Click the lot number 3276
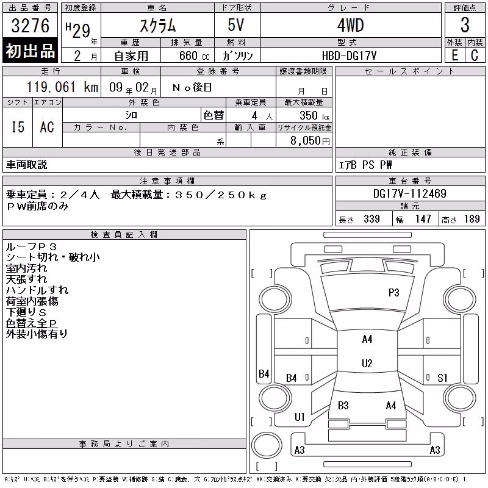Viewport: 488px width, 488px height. (x=30, y=26)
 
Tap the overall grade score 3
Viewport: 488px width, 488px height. (x=465, y=25)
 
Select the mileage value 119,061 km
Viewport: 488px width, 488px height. (x=62, y=87)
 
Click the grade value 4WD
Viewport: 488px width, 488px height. (x=350, y=25)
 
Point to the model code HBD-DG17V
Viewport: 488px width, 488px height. (x=349, y=56)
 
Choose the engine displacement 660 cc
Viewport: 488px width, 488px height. (x=194, y=56)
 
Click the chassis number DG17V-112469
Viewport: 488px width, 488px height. (x=410, y=193)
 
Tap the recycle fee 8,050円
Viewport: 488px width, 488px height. (x=310, y=141)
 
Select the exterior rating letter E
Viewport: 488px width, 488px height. (x=454, y=56)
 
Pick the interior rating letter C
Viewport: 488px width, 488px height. (x=475, y=56)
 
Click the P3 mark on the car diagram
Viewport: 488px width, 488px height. (x=393, y=293)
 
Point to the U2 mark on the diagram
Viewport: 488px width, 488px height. (x=367, y=363)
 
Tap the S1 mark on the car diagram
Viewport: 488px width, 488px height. (x=442, y=378)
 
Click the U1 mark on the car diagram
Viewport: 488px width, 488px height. (x=300, y=417)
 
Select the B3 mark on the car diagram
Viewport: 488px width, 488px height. (x=343, y=406)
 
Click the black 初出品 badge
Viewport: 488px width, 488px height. (x=30, y=51)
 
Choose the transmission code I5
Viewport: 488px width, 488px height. (x=18, y=127)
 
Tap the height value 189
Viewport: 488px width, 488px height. (x=472, y=219)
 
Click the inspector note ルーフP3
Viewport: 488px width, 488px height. (x=31, y=247)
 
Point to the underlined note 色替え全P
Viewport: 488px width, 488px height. (x=31, y=323)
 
